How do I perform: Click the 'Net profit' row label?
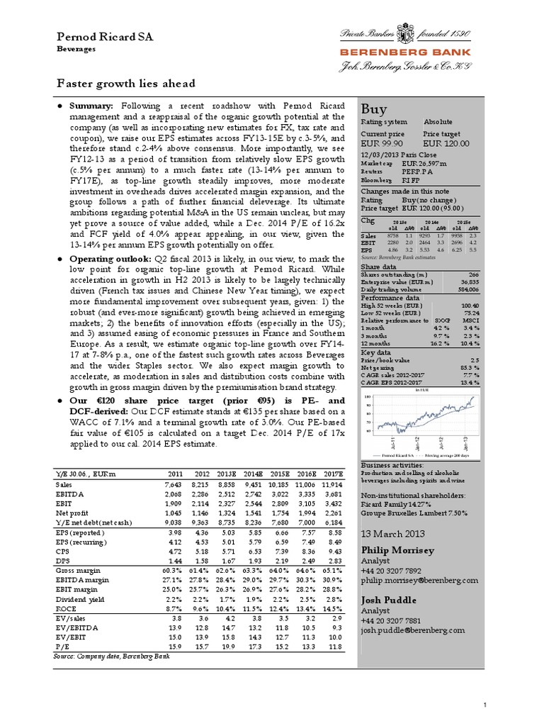(x=70, y=511)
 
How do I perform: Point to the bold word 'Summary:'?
(x=90, y=105)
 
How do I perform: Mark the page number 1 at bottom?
(x=484, y=705)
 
